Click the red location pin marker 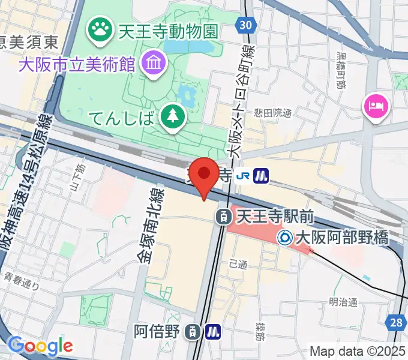205,175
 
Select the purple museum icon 152,62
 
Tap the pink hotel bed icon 376,108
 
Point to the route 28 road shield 396,323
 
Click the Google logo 40,345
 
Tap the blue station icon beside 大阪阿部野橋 285,238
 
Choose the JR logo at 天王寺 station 243,175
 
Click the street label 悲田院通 272,113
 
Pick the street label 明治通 343,302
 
